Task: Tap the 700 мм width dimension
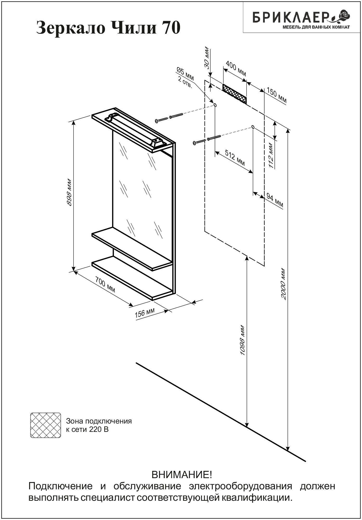(105, 284)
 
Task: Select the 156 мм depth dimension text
(144, 313)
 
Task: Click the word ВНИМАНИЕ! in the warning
(182, 475)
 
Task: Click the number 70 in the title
(171, 28)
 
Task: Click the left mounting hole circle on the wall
(215, 105)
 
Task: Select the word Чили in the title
(134, 28)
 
